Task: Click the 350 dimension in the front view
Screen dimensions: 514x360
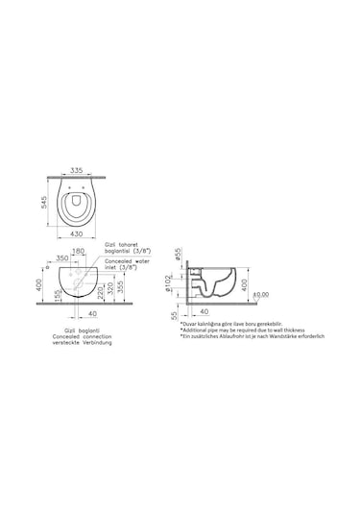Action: (63, 257)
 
